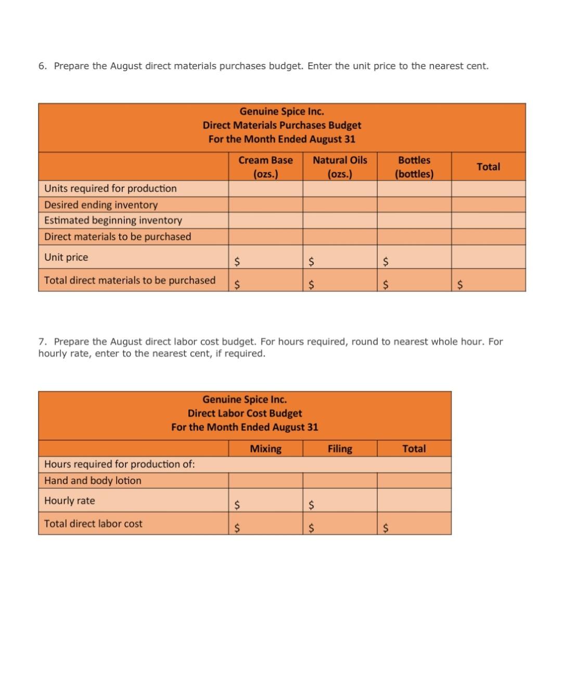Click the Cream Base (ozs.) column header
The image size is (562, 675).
tap(265, 167)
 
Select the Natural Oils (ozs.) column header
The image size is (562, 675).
tap(340, 167)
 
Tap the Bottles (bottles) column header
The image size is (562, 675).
tap(414, 167)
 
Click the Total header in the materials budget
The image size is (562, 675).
tap(488, 167)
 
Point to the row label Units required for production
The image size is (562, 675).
tap(110, 188)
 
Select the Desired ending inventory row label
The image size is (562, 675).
tap(101, 205)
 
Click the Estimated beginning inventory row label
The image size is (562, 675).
tap(113, 220)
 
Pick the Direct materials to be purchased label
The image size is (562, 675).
tap(118, 236)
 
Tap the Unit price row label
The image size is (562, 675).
tap(66, 257)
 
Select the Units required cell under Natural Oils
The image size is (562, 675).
tap(340, 188)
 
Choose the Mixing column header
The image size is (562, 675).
tap(265, 449)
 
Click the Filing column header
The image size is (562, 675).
tap(340, 449)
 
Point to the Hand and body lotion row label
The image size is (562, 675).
tap(93, 480)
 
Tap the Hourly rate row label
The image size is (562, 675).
tap(70, 501)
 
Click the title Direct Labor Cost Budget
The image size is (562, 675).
tap(245, 413)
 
